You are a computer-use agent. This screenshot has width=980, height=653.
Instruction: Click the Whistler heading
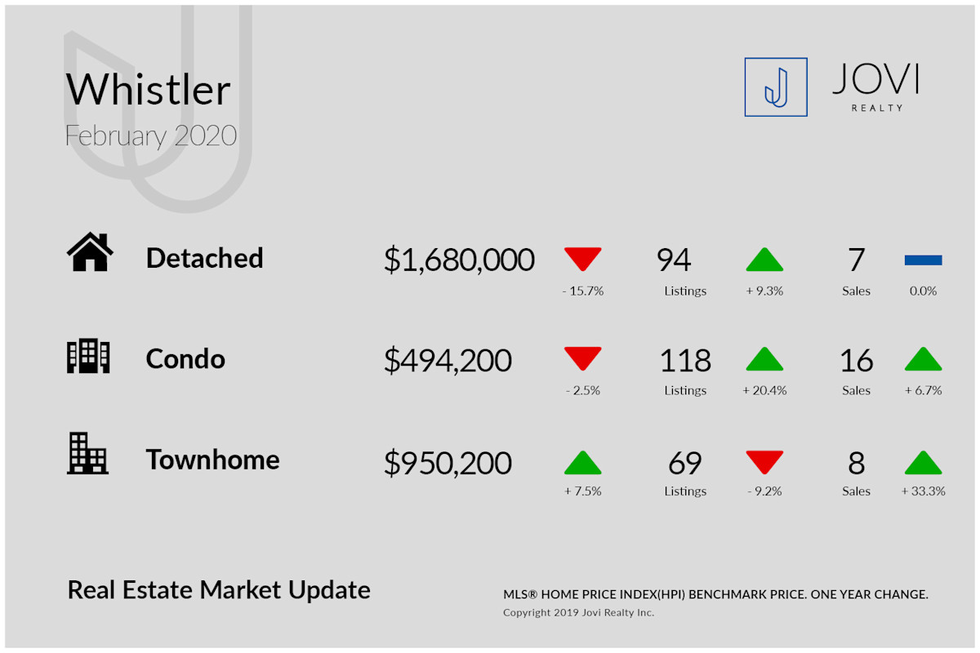(x=148, y=89)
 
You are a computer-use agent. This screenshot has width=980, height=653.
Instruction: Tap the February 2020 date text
(x=151, y=135)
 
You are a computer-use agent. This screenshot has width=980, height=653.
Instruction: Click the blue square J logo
(x=776, y=87)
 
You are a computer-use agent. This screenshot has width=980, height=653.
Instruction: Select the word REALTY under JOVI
(x=877, y=108)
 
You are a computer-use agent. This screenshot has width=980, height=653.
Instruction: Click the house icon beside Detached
(x=90, y=251)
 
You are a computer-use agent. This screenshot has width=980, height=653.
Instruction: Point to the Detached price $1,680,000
(x=459, y=260)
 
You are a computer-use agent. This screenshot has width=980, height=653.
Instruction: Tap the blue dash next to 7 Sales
(x=923, y=260)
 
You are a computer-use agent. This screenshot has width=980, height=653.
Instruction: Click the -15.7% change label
(x=583, y=291)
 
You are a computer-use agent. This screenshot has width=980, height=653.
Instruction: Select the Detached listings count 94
(x=673, y=260)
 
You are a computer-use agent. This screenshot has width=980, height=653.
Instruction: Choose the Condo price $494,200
(x=448, y=361)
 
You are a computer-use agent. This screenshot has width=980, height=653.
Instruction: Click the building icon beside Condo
(x=88, y=356)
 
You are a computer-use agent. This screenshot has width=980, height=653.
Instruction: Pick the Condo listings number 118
(x=685, y=361)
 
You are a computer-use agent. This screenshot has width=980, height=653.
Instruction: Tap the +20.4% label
(x=764, y=390)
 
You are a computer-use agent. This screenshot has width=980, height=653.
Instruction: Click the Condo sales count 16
(x=856, y=361)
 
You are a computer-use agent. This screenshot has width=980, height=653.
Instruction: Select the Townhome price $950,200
(x=448, y=463)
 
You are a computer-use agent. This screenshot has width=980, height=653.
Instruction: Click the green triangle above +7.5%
(x=583, y=464)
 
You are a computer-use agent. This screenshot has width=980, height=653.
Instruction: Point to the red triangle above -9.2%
(x=764, y=461)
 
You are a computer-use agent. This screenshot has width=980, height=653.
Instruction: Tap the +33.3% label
(x=923, y=491)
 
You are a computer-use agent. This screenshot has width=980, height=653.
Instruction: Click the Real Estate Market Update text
(x=219, y=590)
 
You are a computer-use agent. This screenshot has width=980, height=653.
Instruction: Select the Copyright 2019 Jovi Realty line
(x=578, y=612)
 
